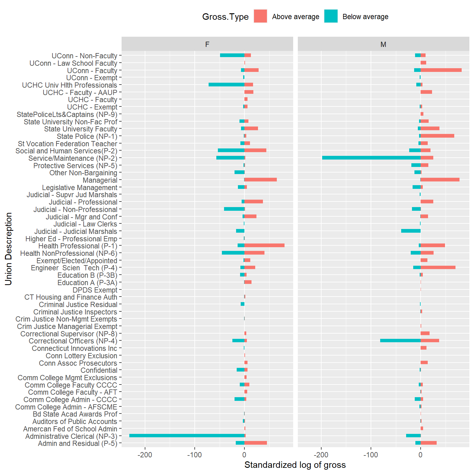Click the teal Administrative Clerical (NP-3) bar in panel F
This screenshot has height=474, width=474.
click(187, 436)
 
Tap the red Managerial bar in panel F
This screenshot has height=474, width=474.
click(260, 180)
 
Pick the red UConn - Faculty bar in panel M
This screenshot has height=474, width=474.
click(441, 70)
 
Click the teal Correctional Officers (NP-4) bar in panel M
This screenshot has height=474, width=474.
click(400, 341)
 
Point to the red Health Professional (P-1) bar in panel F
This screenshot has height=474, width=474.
click(264, 246)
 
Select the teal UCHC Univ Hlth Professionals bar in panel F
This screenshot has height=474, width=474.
click(227, 85)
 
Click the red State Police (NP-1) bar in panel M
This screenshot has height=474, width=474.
click(437, 136)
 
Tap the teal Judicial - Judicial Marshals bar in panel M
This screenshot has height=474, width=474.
click(411, 231)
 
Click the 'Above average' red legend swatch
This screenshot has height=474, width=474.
click(260, 16)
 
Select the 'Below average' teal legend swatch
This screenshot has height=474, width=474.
click(331, 16)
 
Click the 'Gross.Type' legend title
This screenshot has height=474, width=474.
click(225, 17)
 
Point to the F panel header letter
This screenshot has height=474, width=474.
click(207, 44)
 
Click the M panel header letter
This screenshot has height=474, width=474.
click(383, 44)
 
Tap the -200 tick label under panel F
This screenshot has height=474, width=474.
click(145, 455)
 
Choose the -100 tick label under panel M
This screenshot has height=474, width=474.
click(370, 455)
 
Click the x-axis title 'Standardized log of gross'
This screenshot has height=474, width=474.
click(295, 465)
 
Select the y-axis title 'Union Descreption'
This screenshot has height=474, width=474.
click(9, 249)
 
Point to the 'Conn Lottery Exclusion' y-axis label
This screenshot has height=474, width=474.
click(81, 356)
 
